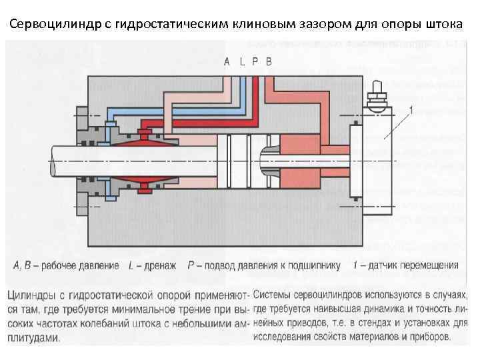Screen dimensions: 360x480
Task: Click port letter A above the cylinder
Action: point(227,62)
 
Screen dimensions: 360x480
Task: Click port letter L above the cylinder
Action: point(242,62)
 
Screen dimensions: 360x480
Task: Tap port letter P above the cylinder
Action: point(255,62)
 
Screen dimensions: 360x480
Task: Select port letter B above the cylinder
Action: point(269,62)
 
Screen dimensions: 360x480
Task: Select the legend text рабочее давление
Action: point(81,265)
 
